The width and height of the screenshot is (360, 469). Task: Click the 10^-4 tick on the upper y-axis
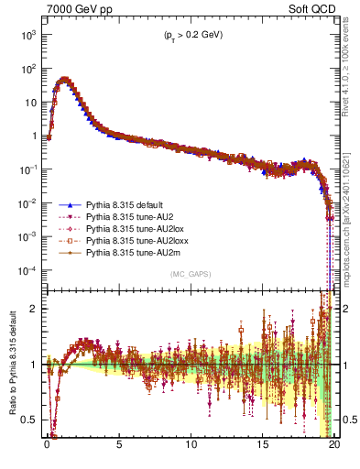click(28, 271)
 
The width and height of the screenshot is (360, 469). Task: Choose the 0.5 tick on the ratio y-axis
click(32, 420)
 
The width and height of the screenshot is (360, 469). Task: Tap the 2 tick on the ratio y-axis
click(37, 309)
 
